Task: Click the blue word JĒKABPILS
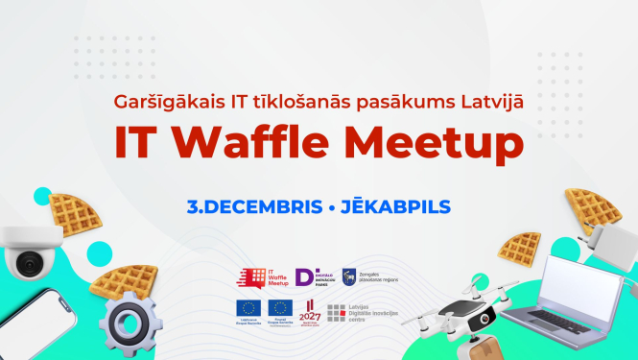(x=394, y=206)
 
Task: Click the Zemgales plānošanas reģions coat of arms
(x=349, y=276)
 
